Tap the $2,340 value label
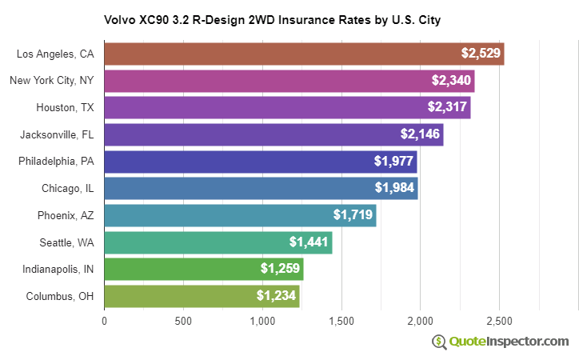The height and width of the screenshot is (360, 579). (x=450, y=81)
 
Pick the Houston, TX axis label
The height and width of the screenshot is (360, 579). (x=65, y=107)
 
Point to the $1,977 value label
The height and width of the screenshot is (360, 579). (x=393, y=162)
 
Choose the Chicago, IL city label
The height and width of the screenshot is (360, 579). (x=68, y=189)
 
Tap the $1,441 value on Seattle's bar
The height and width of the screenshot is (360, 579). (x=309, y=242)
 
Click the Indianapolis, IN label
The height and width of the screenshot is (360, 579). (x=58, y=270)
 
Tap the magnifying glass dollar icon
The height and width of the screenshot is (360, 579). (x=439, y=342)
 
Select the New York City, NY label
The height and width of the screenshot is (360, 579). (x=52, y=81)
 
